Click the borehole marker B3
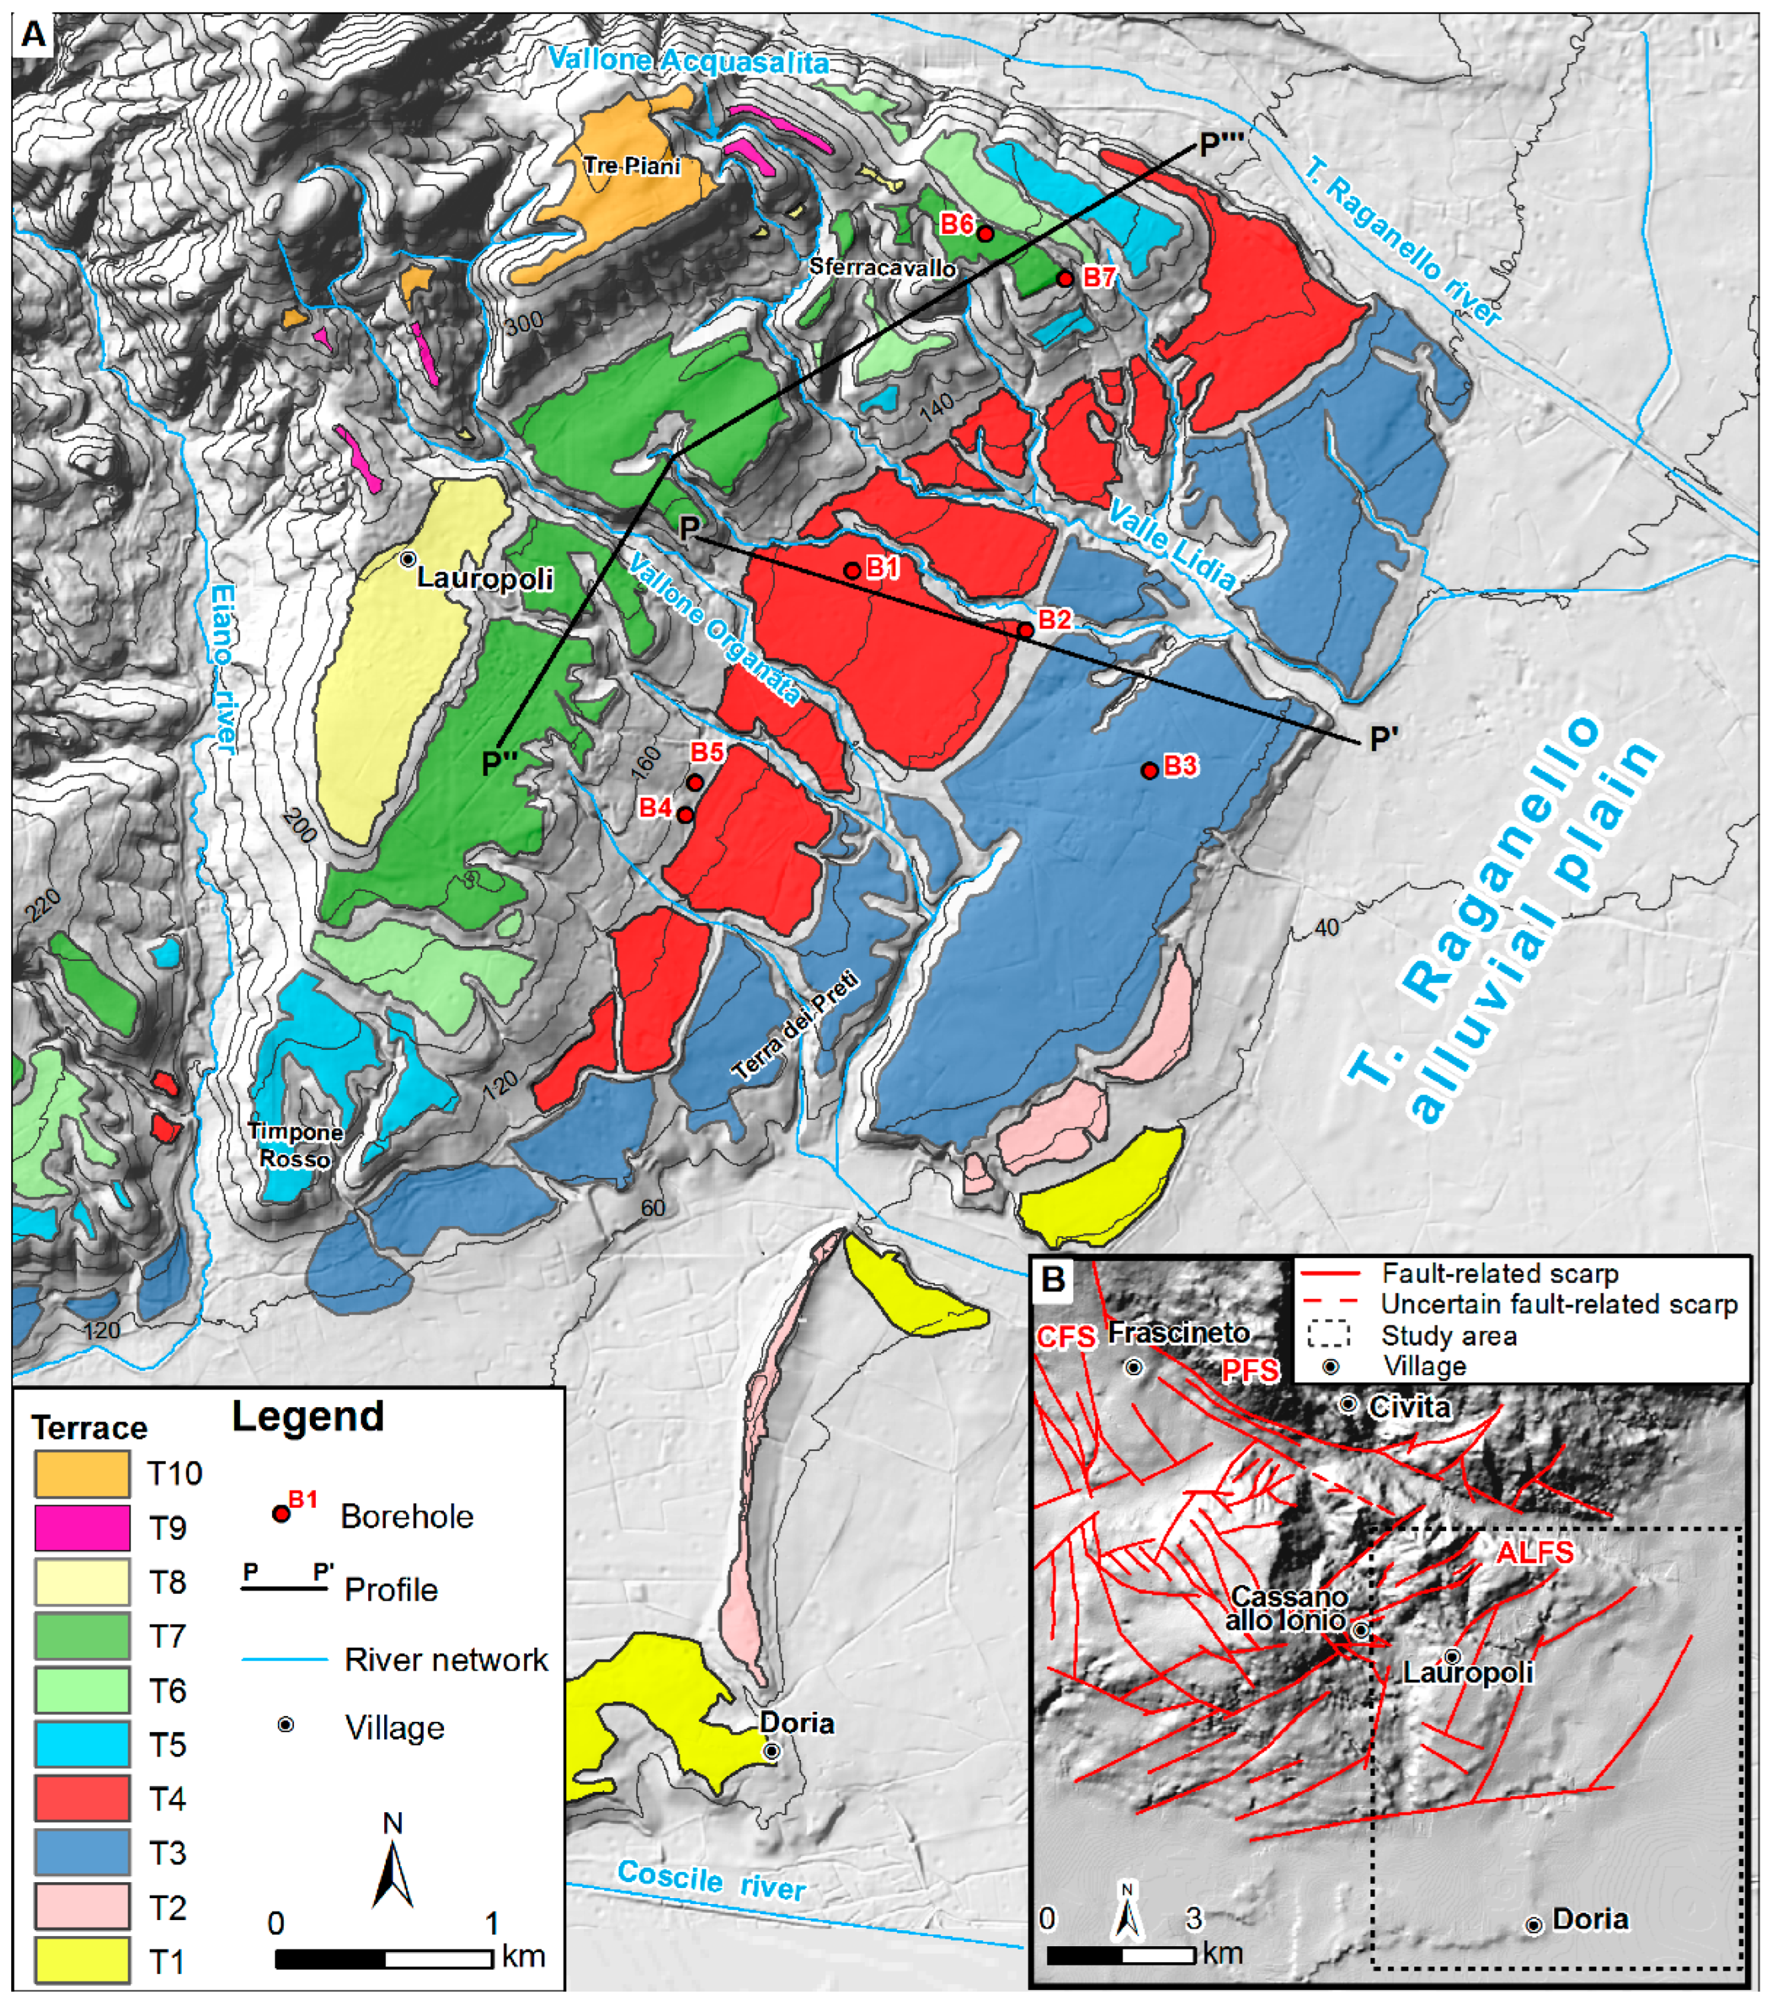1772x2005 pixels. tap(1149, 771)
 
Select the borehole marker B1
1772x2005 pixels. tap(852, 570)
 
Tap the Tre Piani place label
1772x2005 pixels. tap(632, 166)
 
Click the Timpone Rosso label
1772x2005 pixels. tap(294, 1145)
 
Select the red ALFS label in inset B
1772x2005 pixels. tap(1535, 1552)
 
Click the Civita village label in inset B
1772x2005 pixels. tap(1409, 1407)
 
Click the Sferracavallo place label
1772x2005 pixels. tap(882, 268)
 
